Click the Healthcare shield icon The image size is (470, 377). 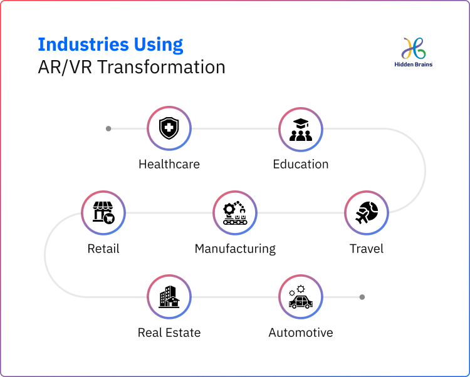[x=169, y=128]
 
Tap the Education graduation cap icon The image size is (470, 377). [x=301, y=128]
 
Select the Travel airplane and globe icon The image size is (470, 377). [x=367, y=213]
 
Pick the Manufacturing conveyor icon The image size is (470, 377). [x=235, y=213]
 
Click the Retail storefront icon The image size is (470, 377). [x=103, y=213]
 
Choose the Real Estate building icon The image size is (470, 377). [x=169, y=297]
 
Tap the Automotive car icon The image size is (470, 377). [x=301, y=297]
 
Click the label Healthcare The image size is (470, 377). [x=169, y=165]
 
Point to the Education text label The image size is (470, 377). [x=301, y=165]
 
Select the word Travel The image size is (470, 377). [x=367, y=249]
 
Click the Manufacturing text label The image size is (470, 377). [x=235, y=249]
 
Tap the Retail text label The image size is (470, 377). [x=103, y=249]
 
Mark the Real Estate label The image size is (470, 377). [x=169, y=333]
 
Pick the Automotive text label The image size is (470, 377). [x=301, y=333]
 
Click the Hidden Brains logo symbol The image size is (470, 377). [x=414, y=48]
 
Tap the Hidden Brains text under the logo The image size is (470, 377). [x=414, y=65]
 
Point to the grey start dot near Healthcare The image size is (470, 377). [x=108, y=128]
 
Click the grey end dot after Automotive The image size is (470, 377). [x=362, y=297]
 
